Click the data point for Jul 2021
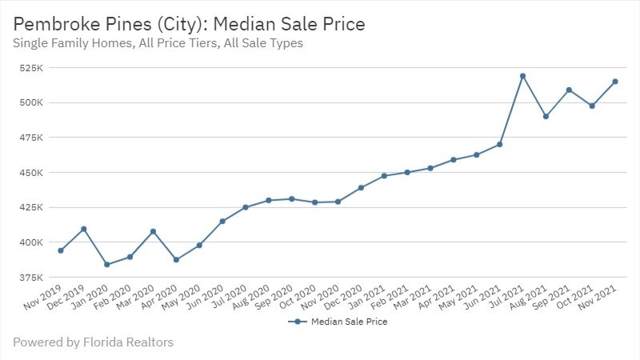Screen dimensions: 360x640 coord(522,76)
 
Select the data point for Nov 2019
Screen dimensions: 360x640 coord(61,250)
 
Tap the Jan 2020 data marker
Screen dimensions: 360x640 coord(106,264)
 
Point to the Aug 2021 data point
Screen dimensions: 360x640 coord(546,116)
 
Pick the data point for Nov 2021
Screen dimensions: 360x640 coord(615,82)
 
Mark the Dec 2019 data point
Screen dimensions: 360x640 coord(84,229)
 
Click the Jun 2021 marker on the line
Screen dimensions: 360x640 coord(499,145)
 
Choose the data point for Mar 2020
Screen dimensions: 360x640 coord(153,231)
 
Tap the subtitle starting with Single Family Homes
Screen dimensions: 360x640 coord(158,43)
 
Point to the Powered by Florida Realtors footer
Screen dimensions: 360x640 coord(93,342)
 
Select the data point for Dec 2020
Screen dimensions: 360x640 coord(361,187)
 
